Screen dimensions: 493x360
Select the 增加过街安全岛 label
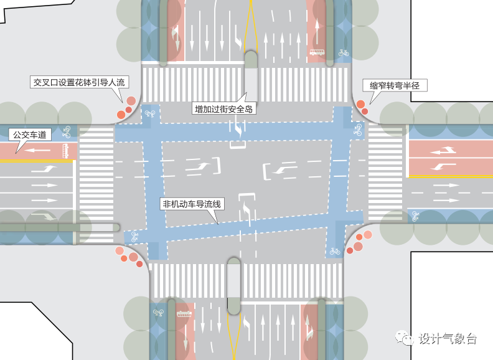pos(225,109)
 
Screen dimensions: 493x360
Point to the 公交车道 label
pos(29,134)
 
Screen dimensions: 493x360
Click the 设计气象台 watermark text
pos(448,339)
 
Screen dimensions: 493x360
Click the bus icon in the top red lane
pos(317,53)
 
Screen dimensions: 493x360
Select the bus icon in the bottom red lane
pos(184,313)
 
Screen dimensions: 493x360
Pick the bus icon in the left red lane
pos(65,149)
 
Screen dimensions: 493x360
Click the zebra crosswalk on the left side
pos(95,174)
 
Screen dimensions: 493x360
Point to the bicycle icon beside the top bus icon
pos(343,53)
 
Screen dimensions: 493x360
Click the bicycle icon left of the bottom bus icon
pos(158,313)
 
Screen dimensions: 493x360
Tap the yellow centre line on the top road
pos(250,25)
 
